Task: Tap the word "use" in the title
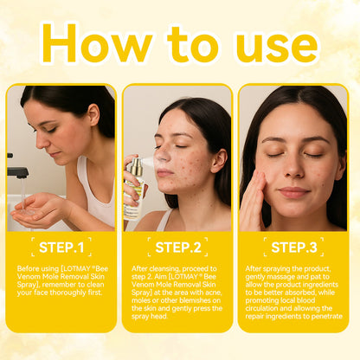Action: pos(277,46)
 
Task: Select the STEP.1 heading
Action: pos(61,247)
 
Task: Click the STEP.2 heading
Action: pos(178,247)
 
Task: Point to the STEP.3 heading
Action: pos(294,247)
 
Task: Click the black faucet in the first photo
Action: pos(17,170)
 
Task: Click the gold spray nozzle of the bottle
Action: pos(137,165)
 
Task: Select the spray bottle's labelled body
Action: pos(133,198)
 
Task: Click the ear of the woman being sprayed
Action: pos(218,160)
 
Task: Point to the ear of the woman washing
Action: pos(94,114)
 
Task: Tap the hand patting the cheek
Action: pos(253,201)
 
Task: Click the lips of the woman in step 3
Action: pos(294,192)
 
